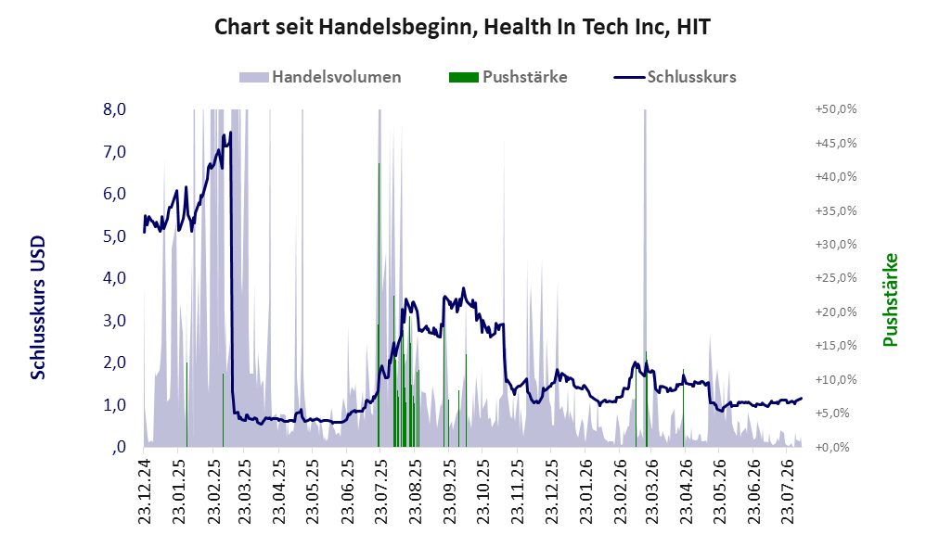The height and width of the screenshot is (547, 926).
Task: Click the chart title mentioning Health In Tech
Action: click(x=462, y=27)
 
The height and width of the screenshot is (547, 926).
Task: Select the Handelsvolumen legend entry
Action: click(x=320, y=77)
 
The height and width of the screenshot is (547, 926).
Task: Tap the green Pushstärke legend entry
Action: click(x=508, y=77)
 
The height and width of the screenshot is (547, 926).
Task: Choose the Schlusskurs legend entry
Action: click(x=675, y=77)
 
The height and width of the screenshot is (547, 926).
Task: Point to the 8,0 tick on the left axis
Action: click(x=114, y=109)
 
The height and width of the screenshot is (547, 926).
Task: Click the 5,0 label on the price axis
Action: click(x=114, y=236)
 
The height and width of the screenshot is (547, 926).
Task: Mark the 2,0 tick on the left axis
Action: click(x=114, y=363)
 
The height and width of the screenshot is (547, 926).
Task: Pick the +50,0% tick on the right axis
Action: click(x=836, y=109)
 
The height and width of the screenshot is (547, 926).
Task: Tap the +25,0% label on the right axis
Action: click(x=836, y=278)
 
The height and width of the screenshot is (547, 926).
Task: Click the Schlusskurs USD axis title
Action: click(x=38, y=308)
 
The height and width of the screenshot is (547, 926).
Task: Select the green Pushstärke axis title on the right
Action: click(x=890, y=299)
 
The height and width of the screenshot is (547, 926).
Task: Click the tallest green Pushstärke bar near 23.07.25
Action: click(x=379, y=304)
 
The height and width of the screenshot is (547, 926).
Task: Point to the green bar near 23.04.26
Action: click(x=683, y=408)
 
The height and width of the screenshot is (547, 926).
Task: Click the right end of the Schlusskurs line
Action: click(x=802, y=399)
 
